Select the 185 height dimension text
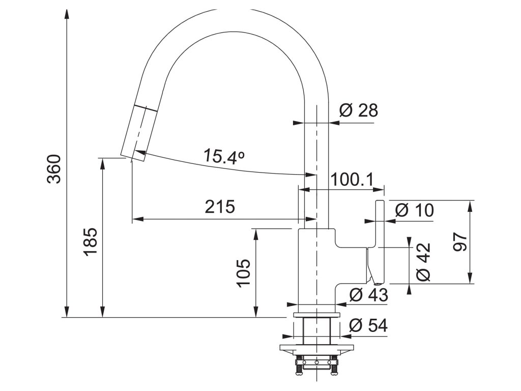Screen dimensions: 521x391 91,241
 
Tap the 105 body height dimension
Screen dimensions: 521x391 244,272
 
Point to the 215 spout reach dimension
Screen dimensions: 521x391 220,207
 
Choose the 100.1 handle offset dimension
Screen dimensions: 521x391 352,180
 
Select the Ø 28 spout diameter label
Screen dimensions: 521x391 359,110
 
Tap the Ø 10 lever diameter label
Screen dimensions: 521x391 415,210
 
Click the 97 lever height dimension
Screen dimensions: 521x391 460,242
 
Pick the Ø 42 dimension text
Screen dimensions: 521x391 423,262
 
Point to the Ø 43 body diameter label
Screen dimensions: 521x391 369,295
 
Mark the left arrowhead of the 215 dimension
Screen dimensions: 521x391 138,219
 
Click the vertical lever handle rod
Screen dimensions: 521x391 380,242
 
